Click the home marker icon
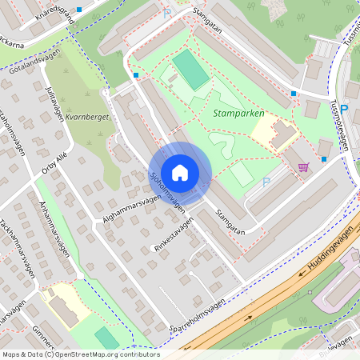180,173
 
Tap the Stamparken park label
239,114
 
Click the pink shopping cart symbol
303,167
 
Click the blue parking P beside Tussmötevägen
344,109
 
